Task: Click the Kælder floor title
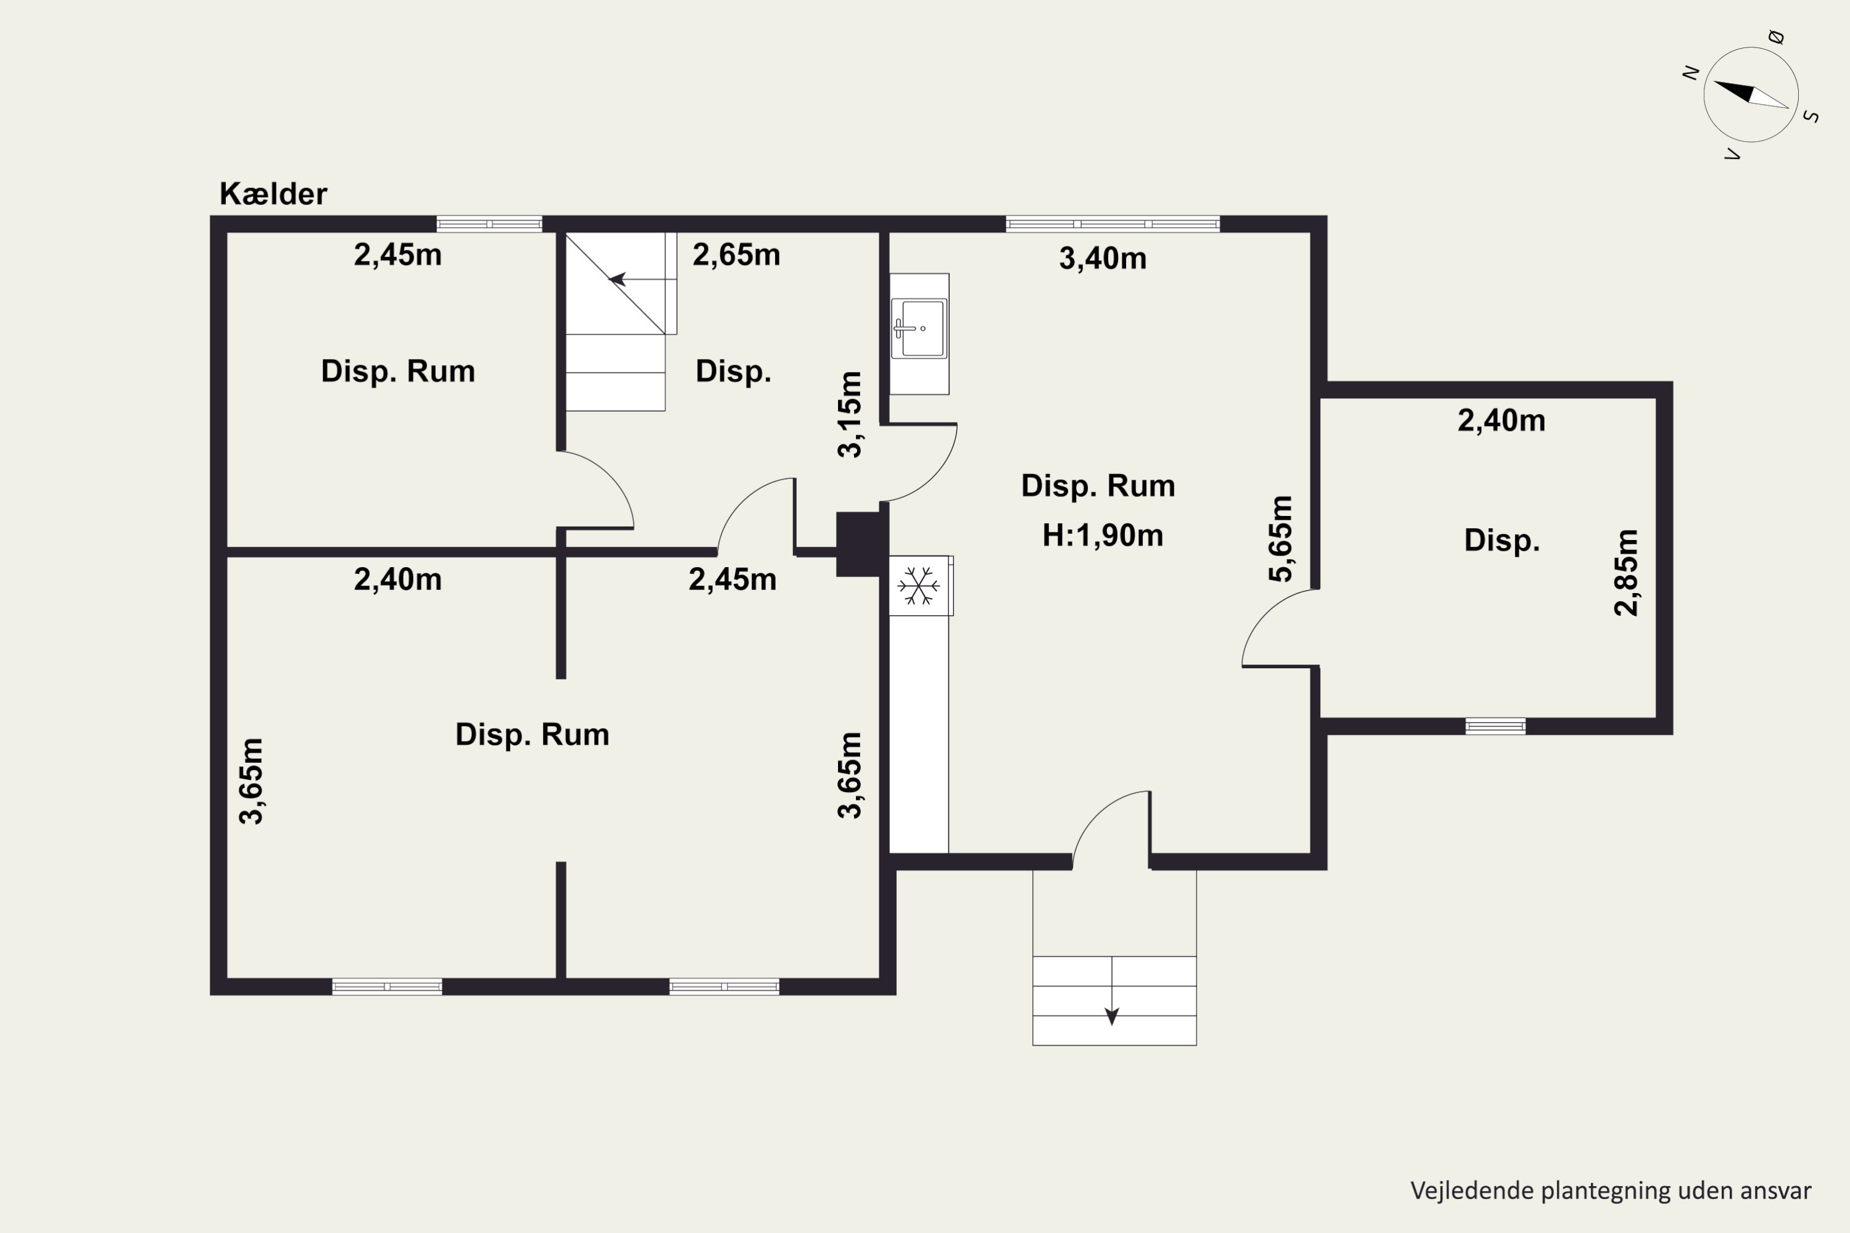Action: click(x=273, y=194)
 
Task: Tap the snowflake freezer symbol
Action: click(x=919, y=586)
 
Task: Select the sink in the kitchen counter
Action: click(x=919, y=329)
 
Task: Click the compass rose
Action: click(x=1751, y=95)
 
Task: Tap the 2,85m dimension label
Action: click(x=1626, y=573)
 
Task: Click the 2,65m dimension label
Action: click(x=736, y=255)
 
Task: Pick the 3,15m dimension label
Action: click(x=850, y=414)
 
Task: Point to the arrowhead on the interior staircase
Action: click(x=617, y=279)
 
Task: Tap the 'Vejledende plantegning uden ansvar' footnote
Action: click(x=1611, y=1190)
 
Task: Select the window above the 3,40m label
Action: click(x=1113, y=224)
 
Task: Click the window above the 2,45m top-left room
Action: click(x=489, y=224)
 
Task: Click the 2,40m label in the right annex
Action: click(x=1502, y=420)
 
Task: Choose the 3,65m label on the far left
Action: click(x=251, y=781)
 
